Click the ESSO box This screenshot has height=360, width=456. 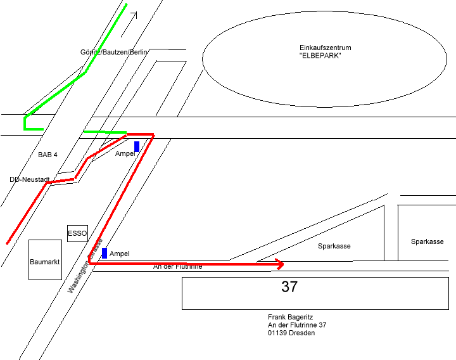[77, 233]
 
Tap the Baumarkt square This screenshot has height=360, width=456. [44, 260]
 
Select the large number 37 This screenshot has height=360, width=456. [289, 286]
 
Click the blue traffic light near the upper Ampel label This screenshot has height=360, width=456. [137, 146]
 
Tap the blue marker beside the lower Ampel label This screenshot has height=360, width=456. [104, 253]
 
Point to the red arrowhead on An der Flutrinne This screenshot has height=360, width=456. [280, 263]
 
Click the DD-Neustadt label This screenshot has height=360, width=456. [30, 179]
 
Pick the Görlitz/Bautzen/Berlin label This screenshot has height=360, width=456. [114, 51]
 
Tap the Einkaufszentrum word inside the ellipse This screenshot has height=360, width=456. [325, 48]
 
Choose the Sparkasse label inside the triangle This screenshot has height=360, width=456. [334, 246]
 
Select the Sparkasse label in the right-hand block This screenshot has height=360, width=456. [427, 241]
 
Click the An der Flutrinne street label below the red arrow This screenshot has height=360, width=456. [178, 267]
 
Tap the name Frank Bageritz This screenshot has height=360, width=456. [291, 317]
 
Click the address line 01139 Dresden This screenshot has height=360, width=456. [291, 333]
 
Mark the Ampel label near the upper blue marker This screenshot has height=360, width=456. [125, 153]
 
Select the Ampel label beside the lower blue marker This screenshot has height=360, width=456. [120, 254]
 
